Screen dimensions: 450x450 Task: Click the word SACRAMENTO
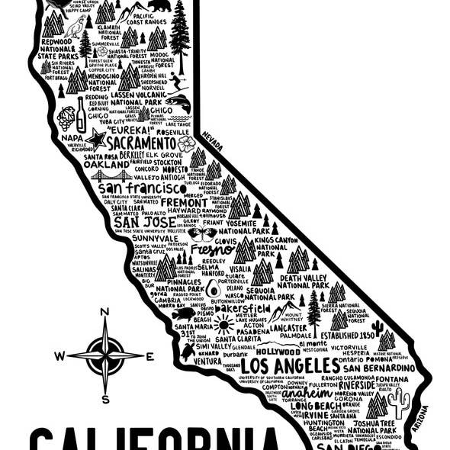pos(141,143)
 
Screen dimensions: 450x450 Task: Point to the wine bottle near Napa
pos(81,117)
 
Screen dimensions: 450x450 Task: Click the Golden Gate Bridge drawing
pos(111,175)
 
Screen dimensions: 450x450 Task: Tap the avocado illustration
pos(213,288)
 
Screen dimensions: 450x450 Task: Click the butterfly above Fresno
pos(202,233)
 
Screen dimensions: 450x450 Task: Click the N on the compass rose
pos(104,311)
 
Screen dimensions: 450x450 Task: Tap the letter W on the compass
pos(60,355)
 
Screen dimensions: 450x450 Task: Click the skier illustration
pos(178,82)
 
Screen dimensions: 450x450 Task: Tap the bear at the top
pos(159,6)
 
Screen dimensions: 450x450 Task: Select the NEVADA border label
pos(212,140)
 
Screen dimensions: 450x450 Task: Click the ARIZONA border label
pos(419,418)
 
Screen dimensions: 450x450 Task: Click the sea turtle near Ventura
pos(188,352)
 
